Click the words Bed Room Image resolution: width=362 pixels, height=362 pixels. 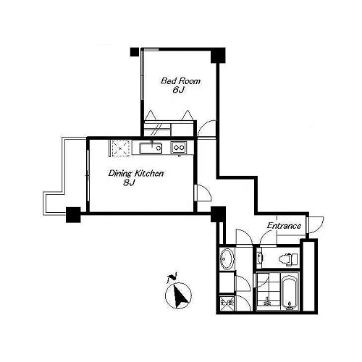pyautogui.click(x=180, y=81)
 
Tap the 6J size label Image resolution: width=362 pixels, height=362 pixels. pyautogui.click(x=178, y=90)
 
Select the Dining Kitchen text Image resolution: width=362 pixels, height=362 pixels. pyautogui.click(x=136, y=174)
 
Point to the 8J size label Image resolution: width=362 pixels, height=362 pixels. pyautogui.click(x=129, y=183)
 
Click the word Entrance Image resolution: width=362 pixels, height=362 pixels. pyautogui.click(x=284, y=226)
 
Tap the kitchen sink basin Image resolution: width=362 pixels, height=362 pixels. pyautogui.click(x=151, y=148)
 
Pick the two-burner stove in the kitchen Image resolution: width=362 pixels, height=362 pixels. pyautogui.click(x=179, y=148)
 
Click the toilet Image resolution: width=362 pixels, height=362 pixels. pyautogui.click(x=288, y=259)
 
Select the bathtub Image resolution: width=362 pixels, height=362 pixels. pyautogui.click(x=290, y=292)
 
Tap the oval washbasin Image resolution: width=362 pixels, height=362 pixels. pyautogui.click(x=227, y=258)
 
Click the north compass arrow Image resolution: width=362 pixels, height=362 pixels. pyautogui.click(x=179, y=295)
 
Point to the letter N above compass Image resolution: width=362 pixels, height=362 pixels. pyautogui.click(x=172, y=278)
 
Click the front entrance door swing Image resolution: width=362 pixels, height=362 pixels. pyautogui.click(x=316, y=224)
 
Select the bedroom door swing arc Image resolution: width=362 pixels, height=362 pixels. pyautogui.click(x=206, y=128)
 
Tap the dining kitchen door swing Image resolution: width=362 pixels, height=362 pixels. pyautogui.click(x=204, y=193)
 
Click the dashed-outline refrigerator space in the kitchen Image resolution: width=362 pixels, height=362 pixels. pyautogui.click(x=120, y=148)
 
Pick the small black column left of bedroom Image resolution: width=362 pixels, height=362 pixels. pyautogui.click(x=135, y=52)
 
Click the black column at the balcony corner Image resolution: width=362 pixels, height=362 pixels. pyautogui.click(x=73, y=215)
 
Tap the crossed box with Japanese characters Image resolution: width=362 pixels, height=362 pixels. pyautogui.click(x=227, y=303)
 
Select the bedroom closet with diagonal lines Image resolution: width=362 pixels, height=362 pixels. pyautogui.click(x=158, y=128)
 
